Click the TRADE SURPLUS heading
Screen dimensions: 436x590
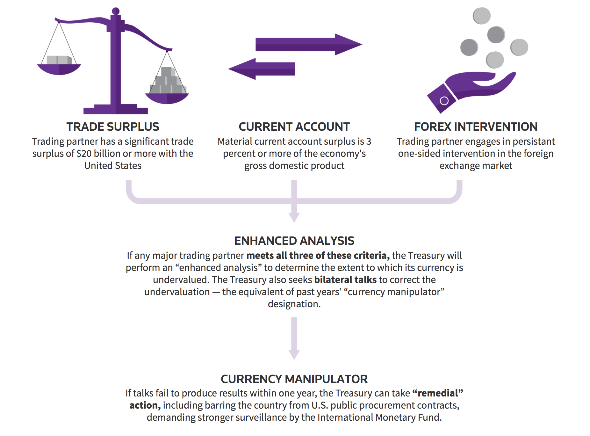click(x=113, y=127)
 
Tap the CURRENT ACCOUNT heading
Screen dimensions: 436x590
click(x=294, y=127)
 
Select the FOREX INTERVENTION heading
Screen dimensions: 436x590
click(x=476, y=127)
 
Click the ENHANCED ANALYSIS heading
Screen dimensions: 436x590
click(x=294, y=241)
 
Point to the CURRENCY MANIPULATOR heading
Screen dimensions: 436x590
click(x=294, y=379)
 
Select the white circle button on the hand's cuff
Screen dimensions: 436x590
click(x=444, y=101)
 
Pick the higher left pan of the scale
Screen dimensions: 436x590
click(x=59, y=69)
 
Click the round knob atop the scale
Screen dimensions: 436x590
click(x=116, y=11)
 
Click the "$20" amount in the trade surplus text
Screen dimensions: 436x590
click(x=84, y=154)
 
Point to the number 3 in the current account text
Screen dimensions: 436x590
click(x=369, y=142)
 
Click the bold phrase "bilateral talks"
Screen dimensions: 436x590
click(x=345, y=280)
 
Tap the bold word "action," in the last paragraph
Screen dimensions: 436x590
click(x=145, y=405)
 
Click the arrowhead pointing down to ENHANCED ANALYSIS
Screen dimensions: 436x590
click(x=294, y=217)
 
